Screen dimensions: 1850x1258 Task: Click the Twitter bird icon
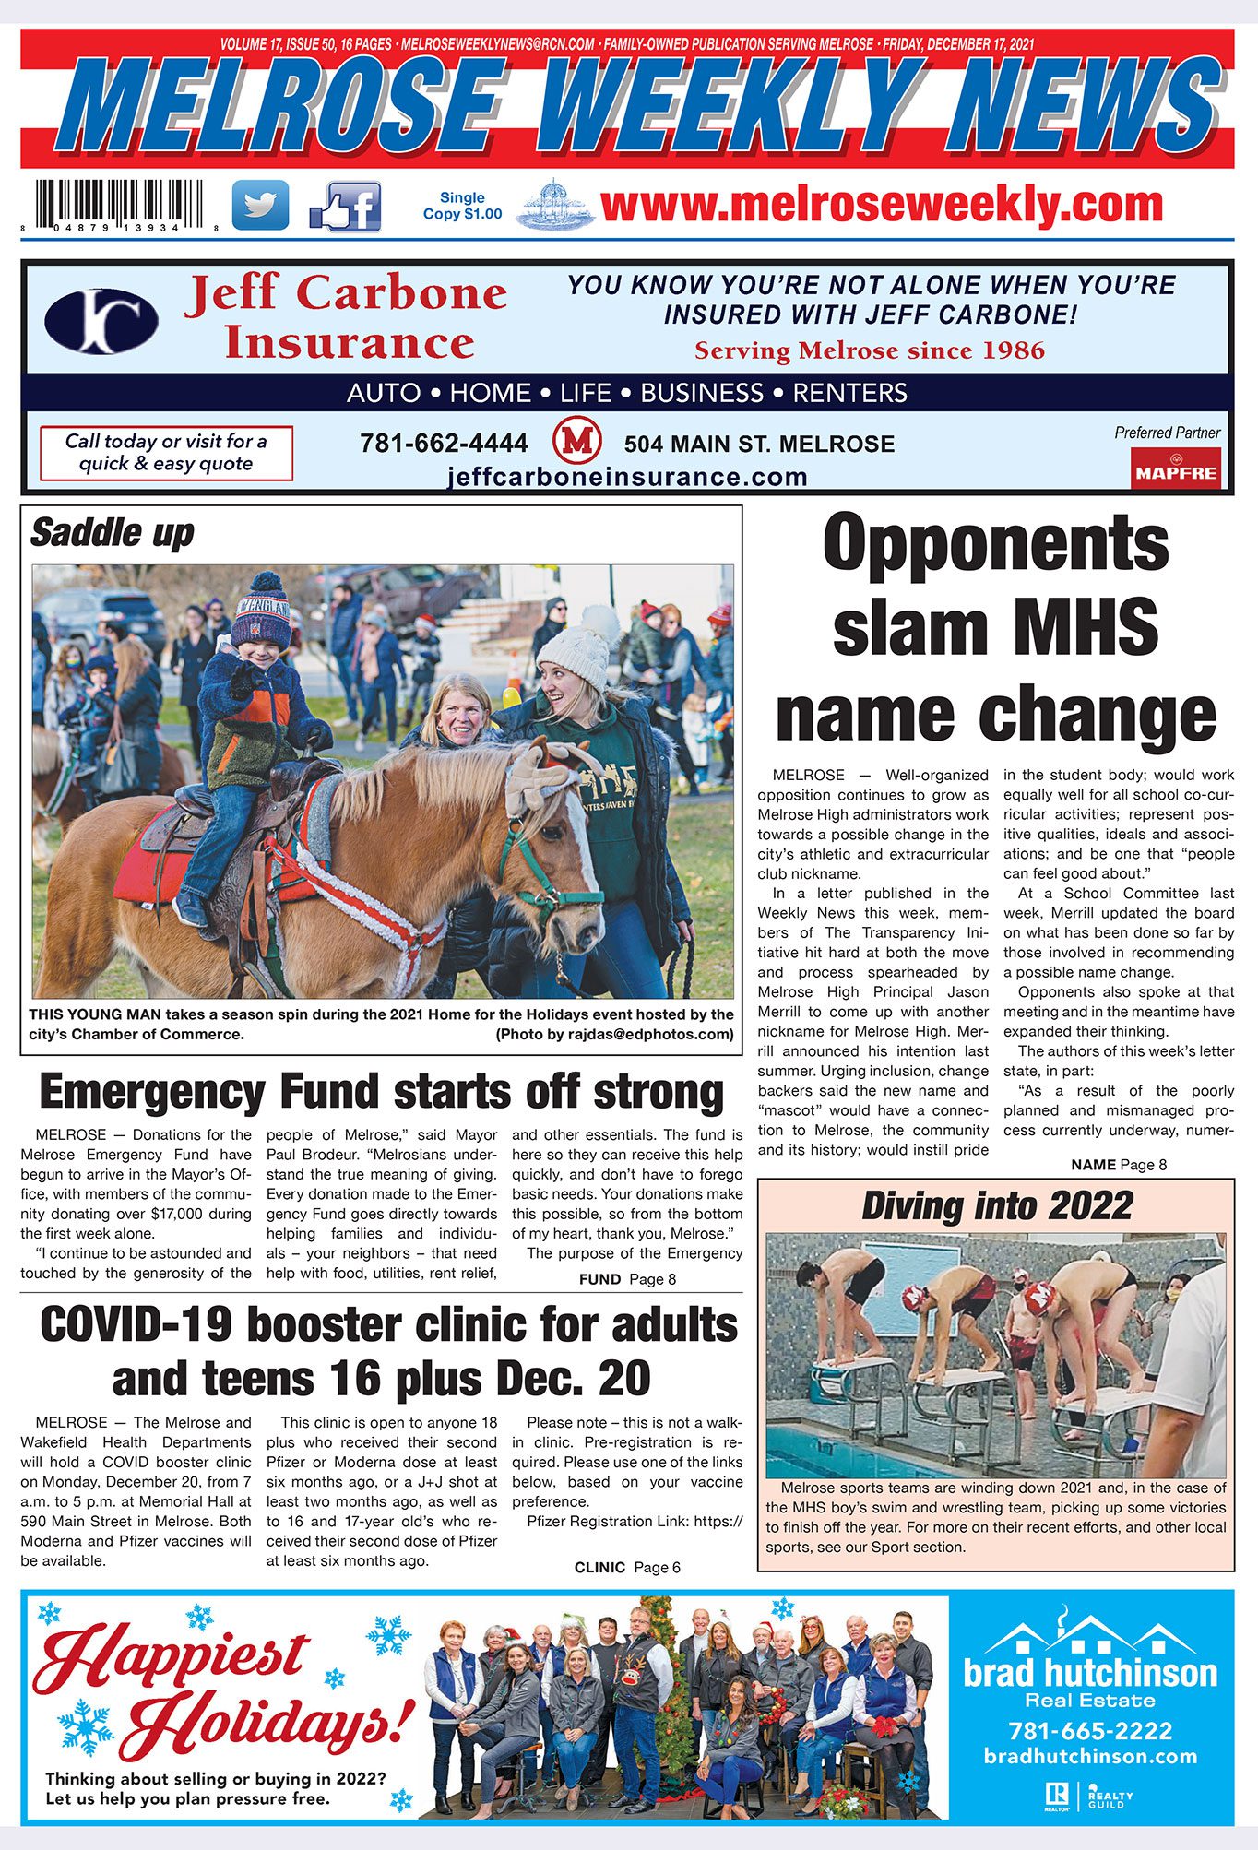[259, 205]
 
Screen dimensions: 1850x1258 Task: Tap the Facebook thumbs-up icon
[346, 207]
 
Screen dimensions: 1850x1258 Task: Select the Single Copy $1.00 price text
[462, 206]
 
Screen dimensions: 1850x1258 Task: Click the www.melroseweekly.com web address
[881, 204]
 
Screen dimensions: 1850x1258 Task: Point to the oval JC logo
[101, 322]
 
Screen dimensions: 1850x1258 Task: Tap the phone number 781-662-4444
[444, 444]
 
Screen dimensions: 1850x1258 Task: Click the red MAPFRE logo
[1176, 468]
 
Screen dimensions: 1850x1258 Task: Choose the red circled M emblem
[576, 441]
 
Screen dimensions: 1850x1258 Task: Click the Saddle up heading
[113, 533]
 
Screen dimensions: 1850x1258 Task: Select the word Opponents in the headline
[995, 543]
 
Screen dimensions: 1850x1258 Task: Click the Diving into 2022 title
[996, 1205]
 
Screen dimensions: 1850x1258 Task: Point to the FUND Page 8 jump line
[627, 1279]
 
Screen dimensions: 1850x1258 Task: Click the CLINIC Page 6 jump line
[627, 1567]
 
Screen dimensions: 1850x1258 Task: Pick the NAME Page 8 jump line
[1119, 1165]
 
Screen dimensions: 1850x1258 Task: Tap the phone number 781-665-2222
[1090, 1731]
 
